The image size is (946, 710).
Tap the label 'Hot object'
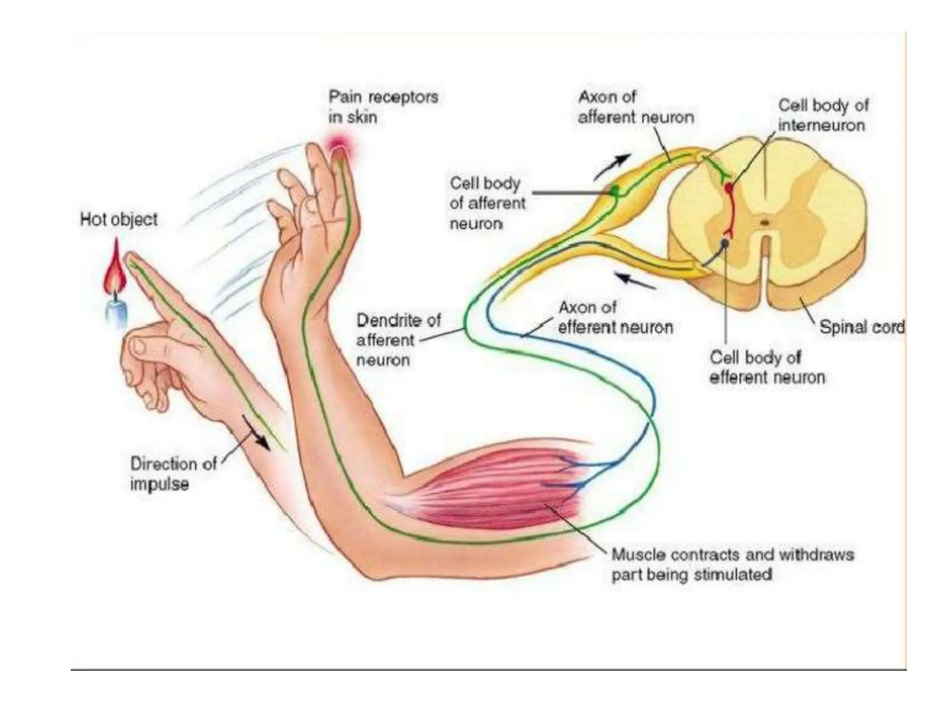[119, 219]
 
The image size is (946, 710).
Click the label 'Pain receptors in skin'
[383, 107]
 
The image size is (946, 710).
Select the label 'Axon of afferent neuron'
[636, 107]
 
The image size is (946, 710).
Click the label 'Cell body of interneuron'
[823, 115]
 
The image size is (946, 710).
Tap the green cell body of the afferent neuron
[615, 190]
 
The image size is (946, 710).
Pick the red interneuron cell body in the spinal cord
[728, 188]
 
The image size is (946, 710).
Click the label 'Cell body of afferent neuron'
[487, 203]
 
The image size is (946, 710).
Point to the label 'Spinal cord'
[861, 327]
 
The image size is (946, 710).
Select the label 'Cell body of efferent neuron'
[767, 367]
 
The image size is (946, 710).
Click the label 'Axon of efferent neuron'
[615, 318]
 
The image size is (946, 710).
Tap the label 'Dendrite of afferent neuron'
[398, 340]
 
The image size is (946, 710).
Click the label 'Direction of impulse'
[173, 474]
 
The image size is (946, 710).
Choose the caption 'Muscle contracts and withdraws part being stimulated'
[732, 564]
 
